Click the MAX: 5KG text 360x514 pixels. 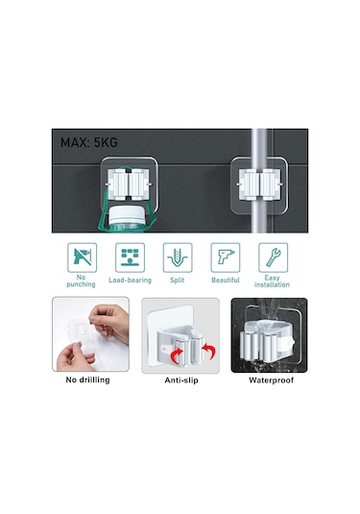(x=88, y=142)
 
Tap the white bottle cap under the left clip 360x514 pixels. (x=127, y=214)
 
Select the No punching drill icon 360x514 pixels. (x=82, y=257)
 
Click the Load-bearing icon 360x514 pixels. (x=130, y=257)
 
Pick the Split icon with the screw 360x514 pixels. (x=178, y=257)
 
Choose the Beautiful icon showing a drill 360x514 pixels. (x=226, y=257)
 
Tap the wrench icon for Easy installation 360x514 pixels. (x=274, y=257)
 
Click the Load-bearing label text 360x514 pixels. (x=130, y=281)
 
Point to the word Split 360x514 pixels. (x=178, y=281)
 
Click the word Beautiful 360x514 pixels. (x=226, y=281)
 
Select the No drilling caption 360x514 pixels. (x=87, y=379)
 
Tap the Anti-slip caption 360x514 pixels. (x=181, y=380)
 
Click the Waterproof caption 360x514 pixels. (x=271, y=380)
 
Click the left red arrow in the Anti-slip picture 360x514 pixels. (x=177, y=355)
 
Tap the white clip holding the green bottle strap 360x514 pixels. (x=129, y=184)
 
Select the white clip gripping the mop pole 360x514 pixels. (x=259, y=184)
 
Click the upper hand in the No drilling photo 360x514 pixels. (x=108, y=322)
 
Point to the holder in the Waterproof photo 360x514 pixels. (x=267, y=341)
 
